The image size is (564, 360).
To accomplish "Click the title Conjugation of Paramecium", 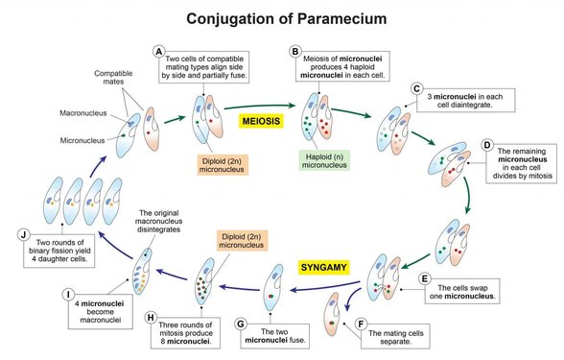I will pyautogui.click(x=281, y=18).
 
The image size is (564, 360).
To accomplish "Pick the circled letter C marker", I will pyautogui.click(x=415, y=87).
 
